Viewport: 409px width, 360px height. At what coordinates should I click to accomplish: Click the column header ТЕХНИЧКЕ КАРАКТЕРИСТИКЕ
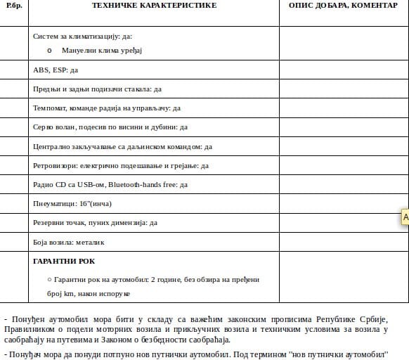pos(154,6)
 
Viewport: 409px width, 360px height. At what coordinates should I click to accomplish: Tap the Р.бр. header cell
pos(13,6)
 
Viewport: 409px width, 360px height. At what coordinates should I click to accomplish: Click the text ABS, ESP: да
pos(56,70)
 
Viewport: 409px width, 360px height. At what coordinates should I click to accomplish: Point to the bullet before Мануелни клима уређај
pos(49,51)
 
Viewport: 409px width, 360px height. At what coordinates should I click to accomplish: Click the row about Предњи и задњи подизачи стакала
pos(97,89)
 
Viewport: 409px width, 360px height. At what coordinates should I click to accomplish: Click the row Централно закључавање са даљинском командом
pos(122,147)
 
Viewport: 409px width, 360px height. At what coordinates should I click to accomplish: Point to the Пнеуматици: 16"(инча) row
pos(72,204)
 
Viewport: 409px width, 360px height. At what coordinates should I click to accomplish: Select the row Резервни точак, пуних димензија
pos(95,223)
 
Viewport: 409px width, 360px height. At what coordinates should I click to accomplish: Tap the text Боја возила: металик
pos(68,242)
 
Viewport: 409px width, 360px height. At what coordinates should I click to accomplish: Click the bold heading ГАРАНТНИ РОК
pos(64,261)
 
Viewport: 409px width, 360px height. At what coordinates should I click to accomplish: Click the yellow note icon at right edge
pos(405,217)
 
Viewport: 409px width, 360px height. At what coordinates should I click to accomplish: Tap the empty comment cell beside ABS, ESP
pos(344,70)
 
